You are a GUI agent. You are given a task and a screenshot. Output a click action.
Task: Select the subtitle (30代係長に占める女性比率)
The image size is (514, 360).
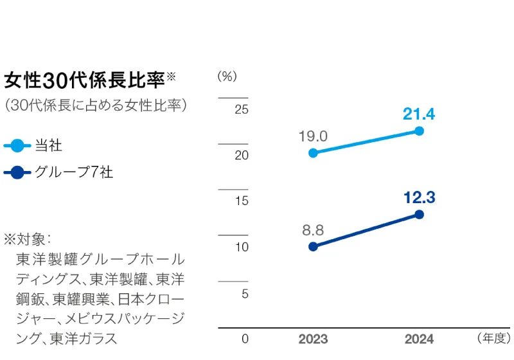pos(95,105)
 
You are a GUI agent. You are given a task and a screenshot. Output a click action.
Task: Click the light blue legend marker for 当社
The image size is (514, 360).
pos(17,146)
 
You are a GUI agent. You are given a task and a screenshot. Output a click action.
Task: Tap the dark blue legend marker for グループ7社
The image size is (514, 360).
pos(17,173)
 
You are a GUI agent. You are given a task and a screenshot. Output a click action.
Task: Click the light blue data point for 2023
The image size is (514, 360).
pos(313,153)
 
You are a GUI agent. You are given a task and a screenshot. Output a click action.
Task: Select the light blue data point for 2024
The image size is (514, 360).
pos(420,130)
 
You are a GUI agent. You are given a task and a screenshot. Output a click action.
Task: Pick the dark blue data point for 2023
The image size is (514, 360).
pos(313,246)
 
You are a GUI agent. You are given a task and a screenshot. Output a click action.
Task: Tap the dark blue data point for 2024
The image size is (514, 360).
pos(420,214)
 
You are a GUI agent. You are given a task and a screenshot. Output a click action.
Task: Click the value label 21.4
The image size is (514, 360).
pos(419,114)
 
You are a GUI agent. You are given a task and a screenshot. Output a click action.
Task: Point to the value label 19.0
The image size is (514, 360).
pos(313,136)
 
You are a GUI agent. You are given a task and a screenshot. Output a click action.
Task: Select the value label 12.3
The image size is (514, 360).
pos(419,198)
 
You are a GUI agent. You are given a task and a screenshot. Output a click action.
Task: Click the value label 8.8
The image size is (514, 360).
pos(313,230)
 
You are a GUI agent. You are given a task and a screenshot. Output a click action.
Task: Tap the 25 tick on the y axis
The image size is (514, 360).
pos(241,109)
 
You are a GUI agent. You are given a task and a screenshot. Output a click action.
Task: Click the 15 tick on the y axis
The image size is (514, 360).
pos(241,201)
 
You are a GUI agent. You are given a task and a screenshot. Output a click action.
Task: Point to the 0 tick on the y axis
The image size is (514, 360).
pos(244,339)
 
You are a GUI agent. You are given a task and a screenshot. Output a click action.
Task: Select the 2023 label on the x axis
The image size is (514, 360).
pos(313,339)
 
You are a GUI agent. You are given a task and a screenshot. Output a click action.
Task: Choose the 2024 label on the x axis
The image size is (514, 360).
pos(419,339)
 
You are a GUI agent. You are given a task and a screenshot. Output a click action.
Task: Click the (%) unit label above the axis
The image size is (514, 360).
pos(227,76)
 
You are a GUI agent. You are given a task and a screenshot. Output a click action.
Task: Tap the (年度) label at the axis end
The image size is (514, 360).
pos(493,338)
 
